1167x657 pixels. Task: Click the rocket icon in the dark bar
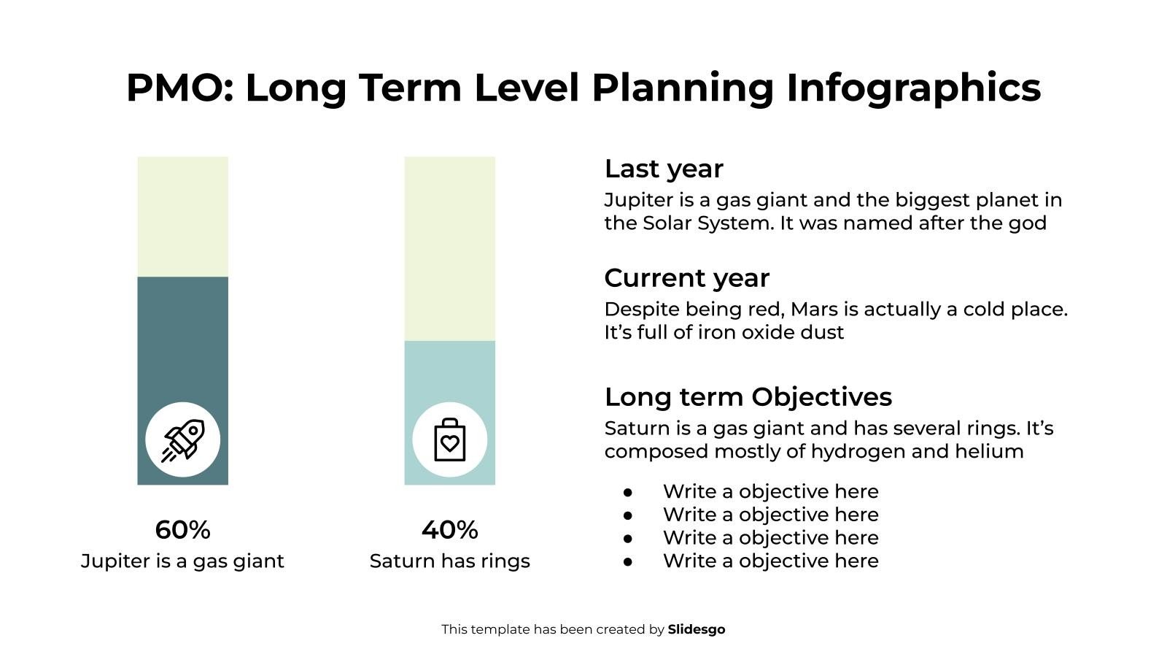[182, 440]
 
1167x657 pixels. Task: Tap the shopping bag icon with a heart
[449, 440]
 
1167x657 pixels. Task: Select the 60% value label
[182, 530]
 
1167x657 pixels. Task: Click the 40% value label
[449, 530]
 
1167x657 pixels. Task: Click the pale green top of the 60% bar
[182, 216]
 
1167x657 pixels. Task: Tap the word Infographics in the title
[913, 88]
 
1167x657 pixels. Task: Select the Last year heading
[664, 169]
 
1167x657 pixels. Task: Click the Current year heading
[686, 278]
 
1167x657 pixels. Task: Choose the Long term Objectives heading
[748, 397]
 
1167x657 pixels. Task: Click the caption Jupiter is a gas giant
[182, 561]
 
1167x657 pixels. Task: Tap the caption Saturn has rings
[449, 561]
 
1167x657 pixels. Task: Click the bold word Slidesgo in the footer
[696, 629]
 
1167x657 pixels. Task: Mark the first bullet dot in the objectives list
[628, 492]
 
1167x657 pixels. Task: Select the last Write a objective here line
[770, 561]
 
